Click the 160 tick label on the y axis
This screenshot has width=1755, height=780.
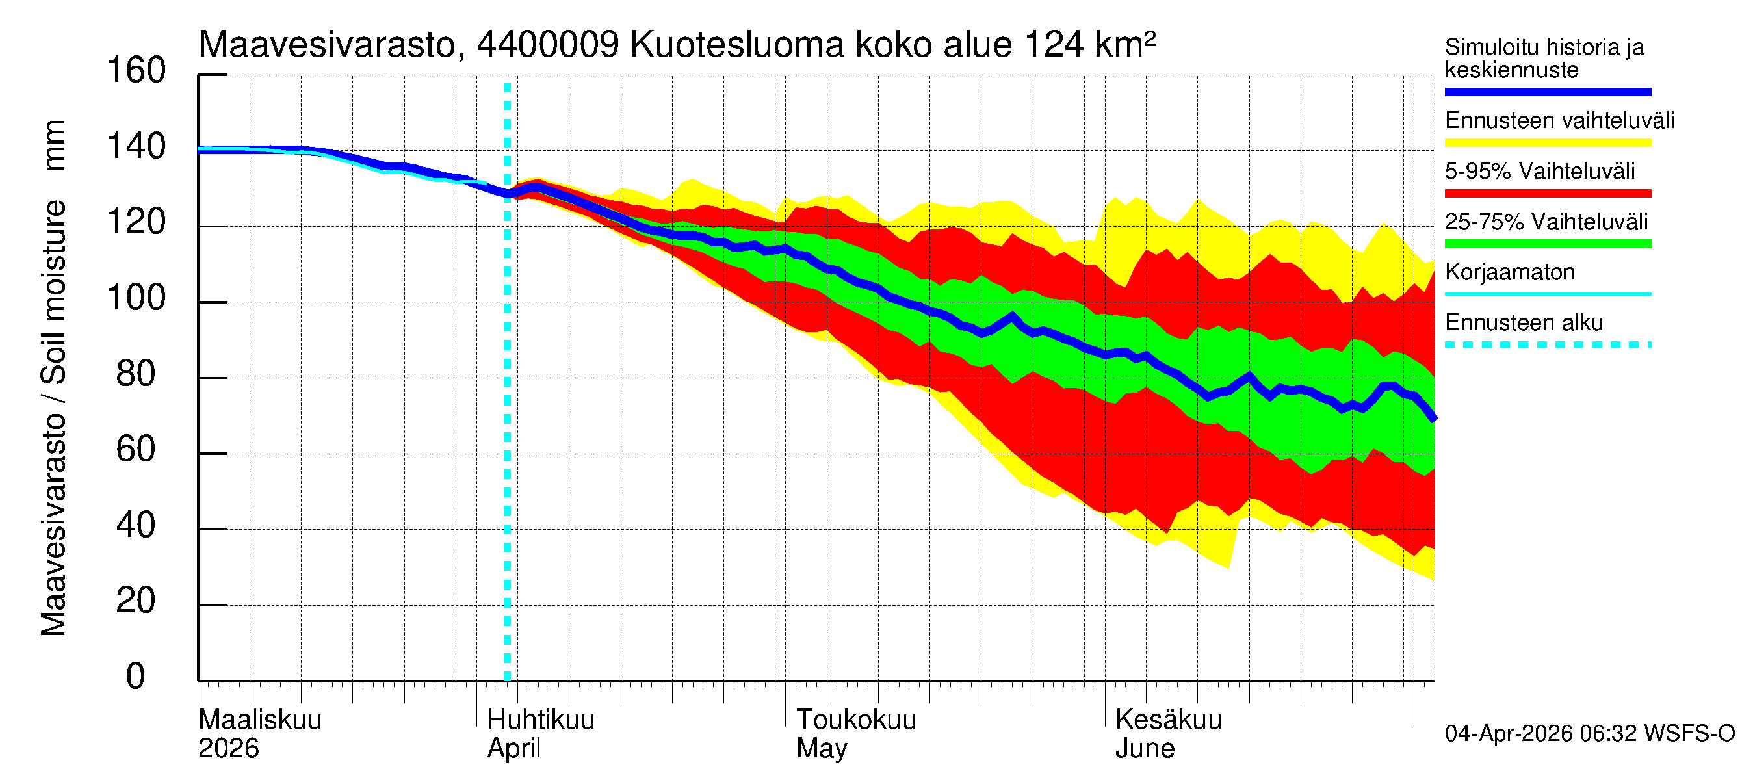(x=136, y=71)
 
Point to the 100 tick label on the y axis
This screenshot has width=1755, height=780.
(x=136, y=298)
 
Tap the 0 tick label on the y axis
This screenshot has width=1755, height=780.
(x=136, y=677)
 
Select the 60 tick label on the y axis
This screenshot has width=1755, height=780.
(x=136, y=450)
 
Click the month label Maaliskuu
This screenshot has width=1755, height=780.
(x=259, y=720)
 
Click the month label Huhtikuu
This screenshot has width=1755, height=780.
(x=541, y=720)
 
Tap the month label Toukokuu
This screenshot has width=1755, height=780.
(x=857, y=720)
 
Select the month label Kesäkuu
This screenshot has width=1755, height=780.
(x=1169, y=720)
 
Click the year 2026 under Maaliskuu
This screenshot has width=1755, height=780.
(x=228, y=749)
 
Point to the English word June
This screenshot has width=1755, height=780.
(x=1145, y=749)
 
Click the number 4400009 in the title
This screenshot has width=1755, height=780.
(x=548, y=45)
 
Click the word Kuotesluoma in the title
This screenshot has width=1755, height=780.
(x=737, y=45)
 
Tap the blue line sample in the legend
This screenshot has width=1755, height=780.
(x=1547, y=92)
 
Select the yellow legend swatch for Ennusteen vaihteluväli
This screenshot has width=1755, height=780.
(x=1547, y=143)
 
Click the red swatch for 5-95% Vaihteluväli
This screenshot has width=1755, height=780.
(x=1547, y=194)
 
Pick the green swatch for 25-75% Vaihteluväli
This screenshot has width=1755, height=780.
(x=1547, y=244)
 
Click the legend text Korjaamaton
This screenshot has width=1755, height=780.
(x=1509, y=272)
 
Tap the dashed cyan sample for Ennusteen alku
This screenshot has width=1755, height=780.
(x=1547, y=344)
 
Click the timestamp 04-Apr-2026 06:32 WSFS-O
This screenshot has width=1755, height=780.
(x=1589, y=734)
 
